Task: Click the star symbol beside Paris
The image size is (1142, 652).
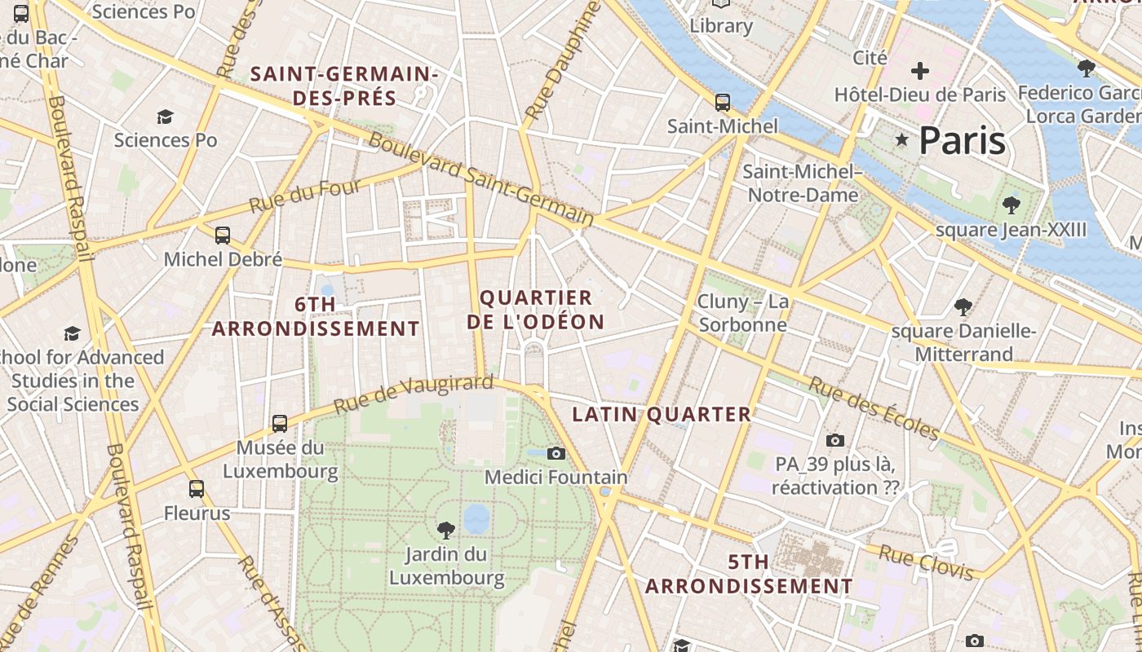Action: [901, 140]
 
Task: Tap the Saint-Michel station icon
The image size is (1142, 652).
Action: [723, 103]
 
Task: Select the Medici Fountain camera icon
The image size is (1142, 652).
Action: [556, 453]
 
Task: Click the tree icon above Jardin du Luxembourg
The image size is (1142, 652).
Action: [446, 531]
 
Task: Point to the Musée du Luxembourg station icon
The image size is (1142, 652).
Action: [280, 424]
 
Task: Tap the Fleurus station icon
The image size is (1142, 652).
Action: [197, 489]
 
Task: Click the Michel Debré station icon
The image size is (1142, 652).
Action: [223, 236]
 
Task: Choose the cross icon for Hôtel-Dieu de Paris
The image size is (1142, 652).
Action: [920, 71]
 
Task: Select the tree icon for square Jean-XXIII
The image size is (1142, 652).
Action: [1011, 205]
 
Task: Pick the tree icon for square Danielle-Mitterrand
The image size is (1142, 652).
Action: [963, 307]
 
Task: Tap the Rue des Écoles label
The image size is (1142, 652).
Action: [874, 407]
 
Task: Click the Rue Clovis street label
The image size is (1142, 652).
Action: [926, 563]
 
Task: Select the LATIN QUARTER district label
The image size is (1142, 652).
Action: [662, 414]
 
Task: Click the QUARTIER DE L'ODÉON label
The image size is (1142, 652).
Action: [536, 310]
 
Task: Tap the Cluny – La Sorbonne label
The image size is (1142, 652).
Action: [742, 314]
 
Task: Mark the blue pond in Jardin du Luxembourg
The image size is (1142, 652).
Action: [476, 518]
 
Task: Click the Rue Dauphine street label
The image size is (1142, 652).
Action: [562, 61]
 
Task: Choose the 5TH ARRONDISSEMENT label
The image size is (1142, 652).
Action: [749, 574]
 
